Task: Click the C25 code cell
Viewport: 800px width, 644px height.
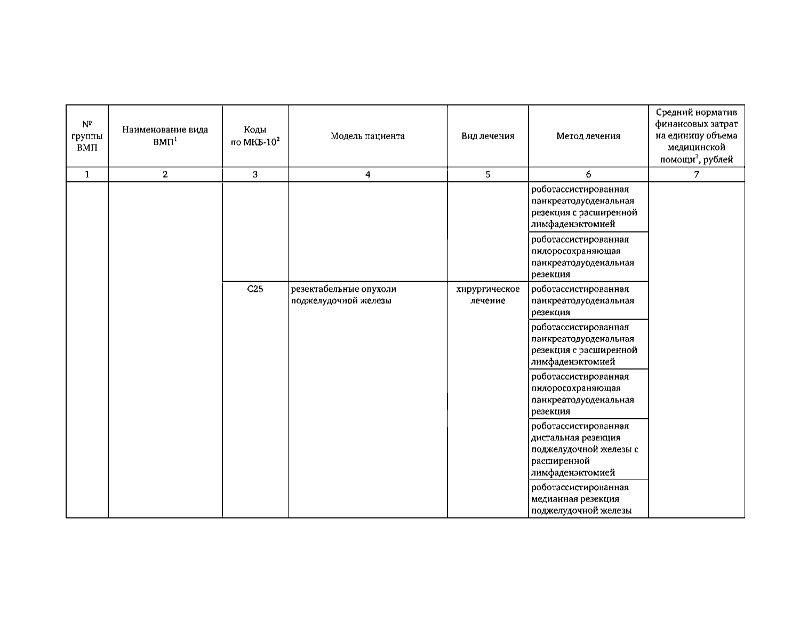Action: point(255,289)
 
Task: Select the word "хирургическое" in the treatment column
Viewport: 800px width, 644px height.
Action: point(487,289)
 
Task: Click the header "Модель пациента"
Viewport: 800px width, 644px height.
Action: point(367,136)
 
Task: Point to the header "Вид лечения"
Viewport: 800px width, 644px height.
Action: point(487,136)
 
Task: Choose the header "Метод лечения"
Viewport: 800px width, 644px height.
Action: point(588,136)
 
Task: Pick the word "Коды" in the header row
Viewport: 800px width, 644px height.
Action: point(255,130)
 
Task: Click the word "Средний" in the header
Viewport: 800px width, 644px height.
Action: point(673,113)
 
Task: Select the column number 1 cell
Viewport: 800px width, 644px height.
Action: point(87,174)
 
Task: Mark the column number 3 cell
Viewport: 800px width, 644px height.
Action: point(255,174)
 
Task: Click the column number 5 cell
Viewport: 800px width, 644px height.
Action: point(487,174)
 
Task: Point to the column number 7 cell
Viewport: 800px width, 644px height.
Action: point(696,174)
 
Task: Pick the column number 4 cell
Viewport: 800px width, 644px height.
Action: point(367,174)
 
